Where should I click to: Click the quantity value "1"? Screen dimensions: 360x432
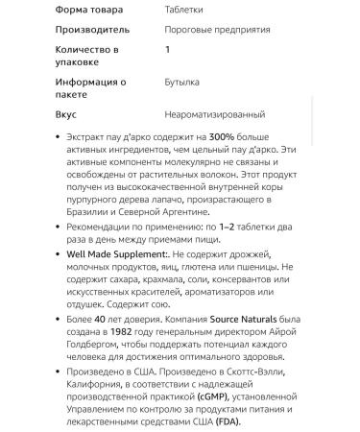point(167,48)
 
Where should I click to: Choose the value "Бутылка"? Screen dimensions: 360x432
point(182,83)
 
